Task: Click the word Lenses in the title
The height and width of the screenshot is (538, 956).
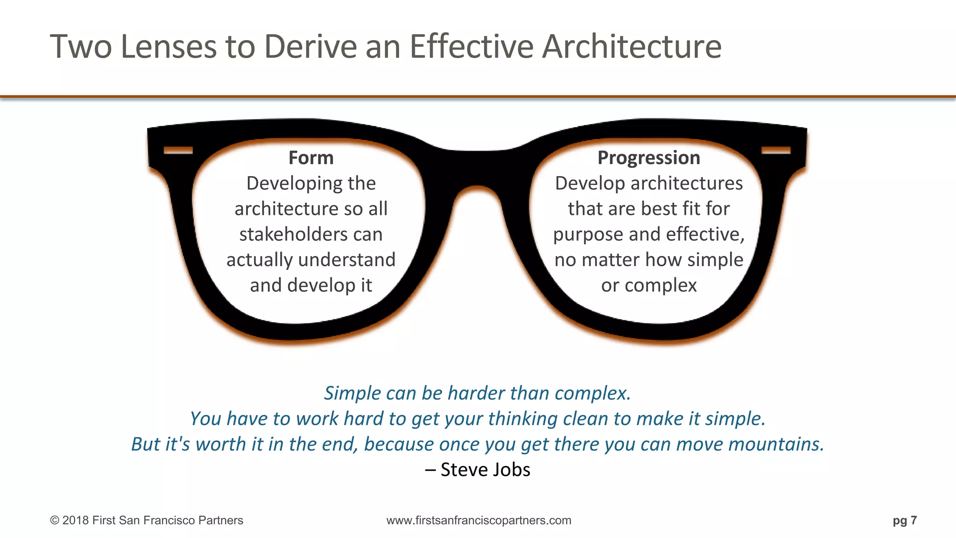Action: click(169, 47)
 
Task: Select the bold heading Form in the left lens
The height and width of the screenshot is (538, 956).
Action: click(311, 158)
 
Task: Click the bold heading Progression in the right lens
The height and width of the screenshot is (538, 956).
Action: click(649, 158)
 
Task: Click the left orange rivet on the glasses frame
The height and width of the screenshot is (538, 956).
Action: click(178, 150)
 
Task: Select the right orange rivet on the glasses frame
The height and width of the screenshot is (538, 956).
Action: click(776, 150)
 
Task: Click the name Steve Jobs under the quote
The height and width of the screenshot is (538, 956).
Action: click(485, 469)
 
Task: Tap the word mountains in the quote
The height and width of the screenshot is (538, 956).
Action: click(776, 444)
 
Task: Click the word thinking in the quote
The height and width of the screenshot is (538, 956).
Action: click(523, 419)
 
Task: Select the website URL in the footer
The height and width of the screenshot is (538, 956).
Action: click(478, 520)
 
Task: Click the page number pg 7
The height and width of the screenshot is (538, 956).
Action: click(905, 520)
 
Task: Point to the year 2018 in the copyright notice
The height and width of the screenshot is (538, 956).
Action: click(76, 520)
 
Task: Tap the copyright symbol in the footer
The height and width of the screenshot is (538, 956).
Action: click(55, 520)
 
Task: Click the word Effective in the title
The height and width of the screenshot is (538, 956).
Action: click(471, 47)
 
